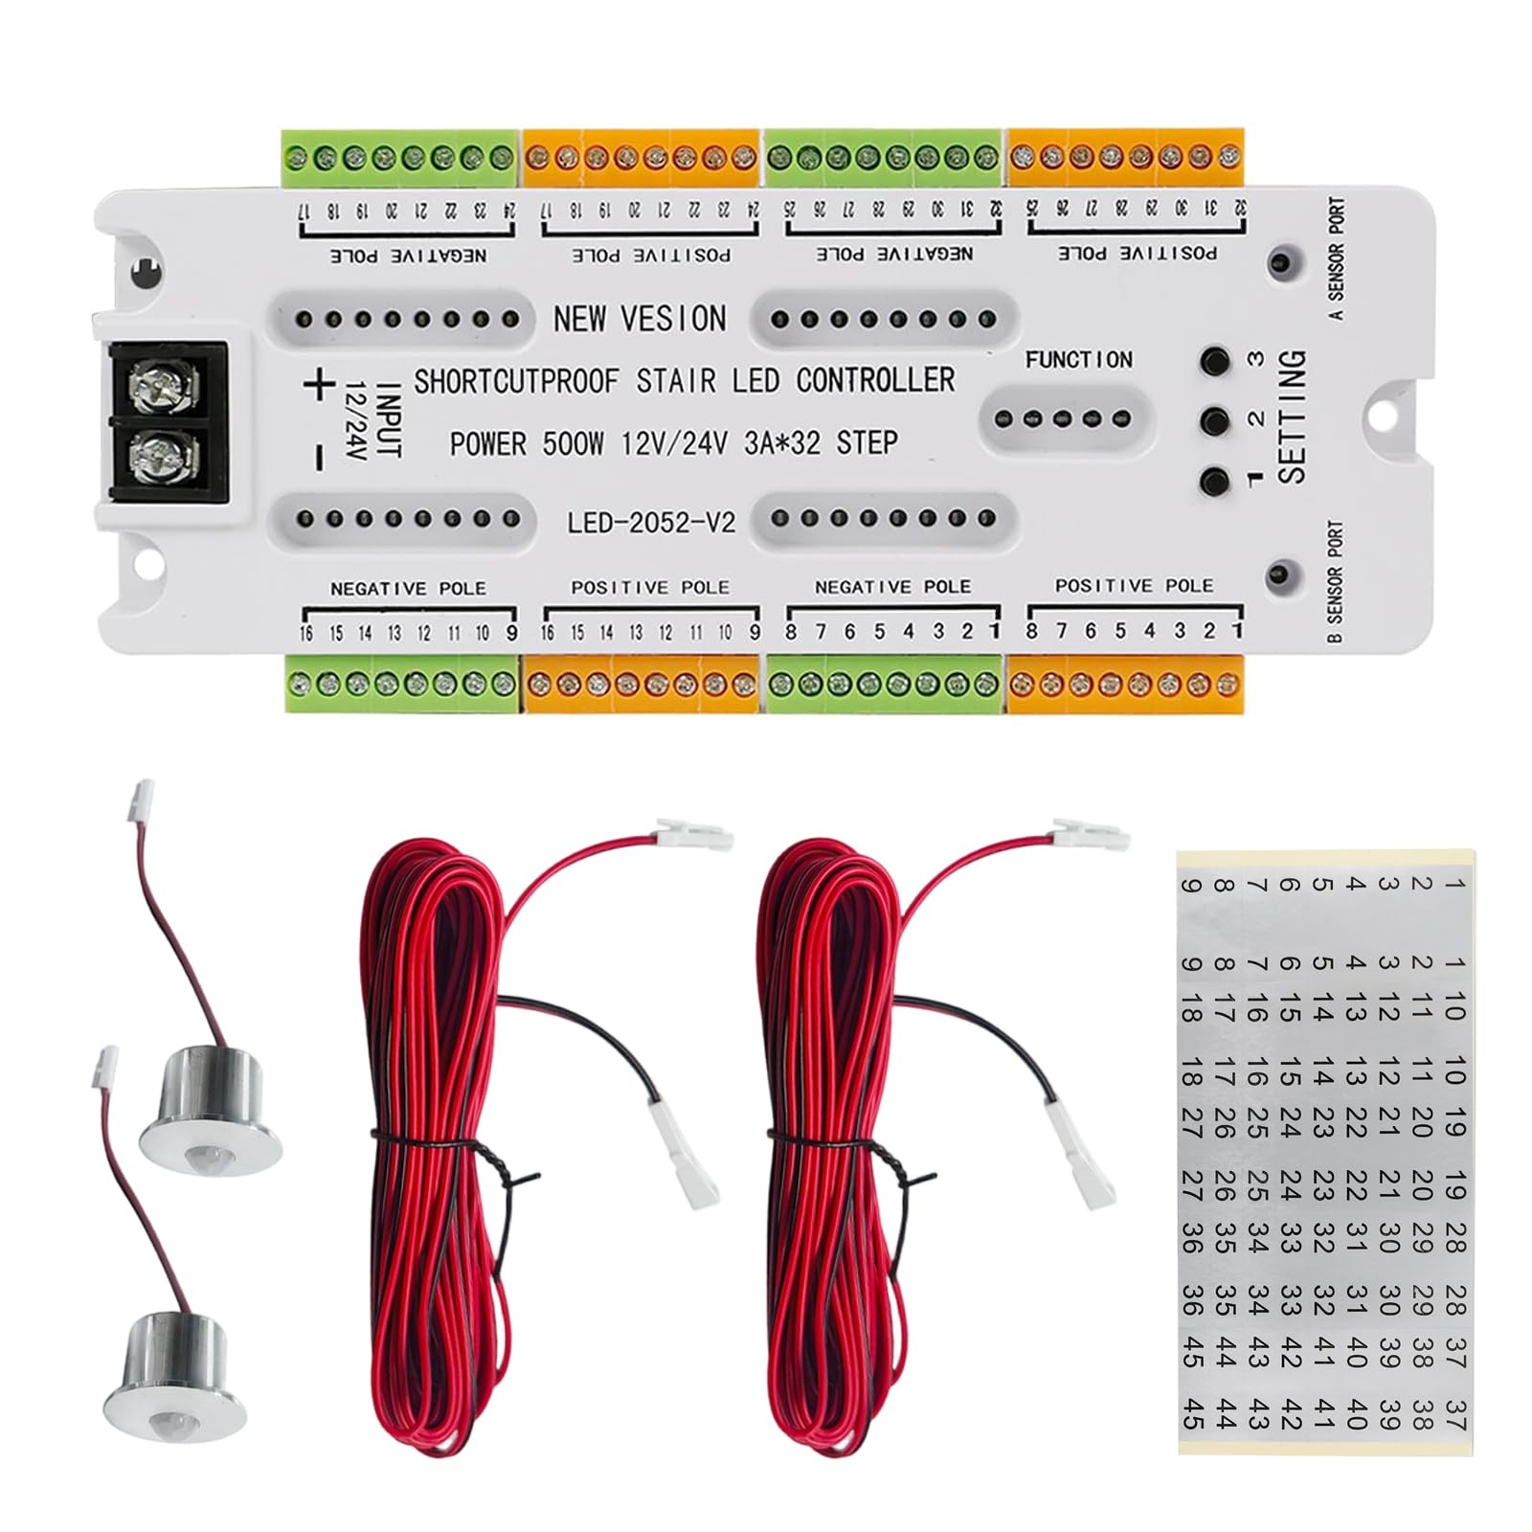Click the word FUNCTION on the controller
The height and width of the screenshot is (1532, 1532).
pos(1078,360)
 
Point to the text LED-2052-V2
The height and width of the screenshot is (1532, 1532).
pos(650,523)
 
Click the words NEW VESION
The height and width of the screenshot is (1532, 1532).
pos(640,319)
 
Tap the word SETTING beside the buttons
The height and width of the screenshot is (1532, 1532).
pos(1292,417)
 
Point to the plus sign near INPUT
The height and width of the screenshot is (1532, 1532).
pos(320,386)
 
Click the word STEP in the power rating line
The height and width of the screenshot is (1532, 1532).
pos(867,442)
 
